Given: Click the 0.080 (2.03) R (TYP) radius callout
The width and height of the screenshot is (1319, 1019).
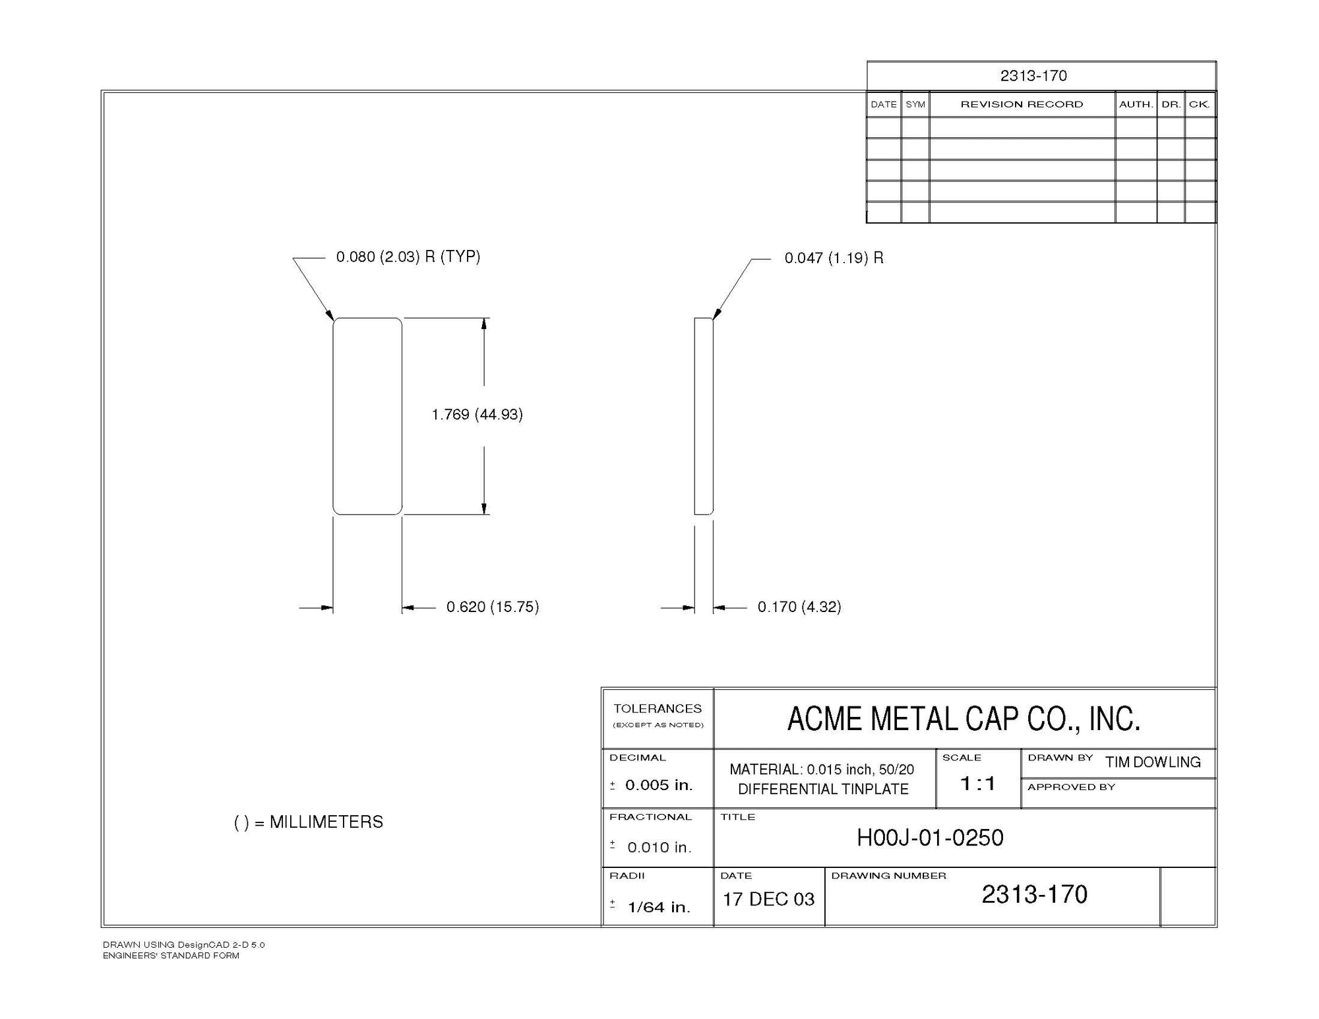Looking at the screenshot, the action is pyautogui.click(x=408, y=257).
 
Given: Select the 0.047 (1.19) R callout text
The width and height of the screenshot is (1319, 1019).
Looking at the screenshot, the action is pyautogui.click(x=834, y=258).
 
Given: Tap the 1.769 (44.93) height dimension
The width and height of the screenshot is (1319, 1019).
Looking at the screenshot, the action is pyautogui.click(x=477, y=414).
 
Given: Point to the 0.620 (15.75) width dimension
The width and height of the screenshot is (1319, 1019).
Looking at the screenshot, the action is pyautogui.click(x=493, y=607).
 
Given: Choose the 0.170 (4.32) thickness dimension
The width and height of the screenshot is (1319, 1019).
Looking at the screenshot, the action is pyautogui.click(x=799, y=607).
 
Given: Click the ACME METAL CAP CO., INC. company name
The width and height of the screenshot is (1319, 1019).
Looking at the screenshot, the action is pyautogui.click(x=964, y=718).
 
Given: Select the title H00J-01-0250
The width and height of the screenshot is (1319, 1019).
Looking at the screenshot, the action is pyautogui.click(x=930, y=838).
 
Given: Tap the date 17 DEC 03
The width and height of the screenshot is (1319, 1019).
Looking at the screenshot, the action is pyautogui.click(x=768, y=899).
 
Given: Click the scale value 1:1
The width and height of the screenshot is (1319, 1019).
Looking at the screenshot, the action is pyautogui.click(x=977, y=784).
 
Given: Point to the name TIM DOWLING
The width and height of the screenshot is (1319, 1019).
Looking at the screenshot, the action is pyautogui.click(x=1153, y=762).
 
